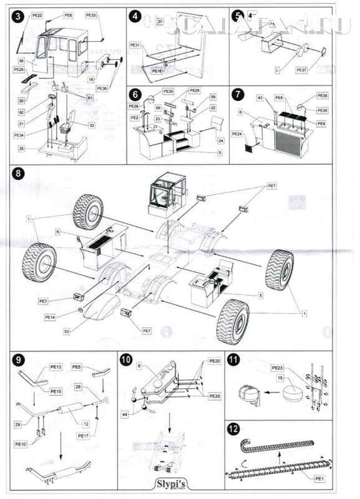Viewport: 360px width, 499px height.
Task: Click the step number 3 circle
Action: pyautogui.click(x=18, y=16)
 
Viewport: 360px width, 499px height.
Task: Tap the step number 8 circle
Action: pyautogui.click(x=18, y=173)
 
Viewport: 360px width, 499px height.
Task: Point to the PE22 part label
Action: pyautogui.click(x=37, y=16)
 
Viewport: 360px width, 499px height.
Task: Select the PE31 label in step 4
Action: pyautogui.click(x=135, y=44)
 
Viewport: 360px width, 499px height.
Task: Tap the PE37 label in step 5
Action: pyautogui.click(x=302, y=70)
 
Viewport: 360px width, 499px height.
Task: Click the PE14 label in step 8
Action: pyautogui.click(x=50, y=317)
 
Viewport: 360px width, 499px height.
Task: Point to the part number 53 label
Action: pyautogui.click(x=67, y=331)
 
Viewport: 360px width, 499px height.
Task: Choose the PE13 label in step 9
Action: pyautogui.click(x=56, y=366)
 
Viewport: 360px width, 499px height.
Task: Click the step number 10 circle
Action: pyautogui.click(x=126, y=359)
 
